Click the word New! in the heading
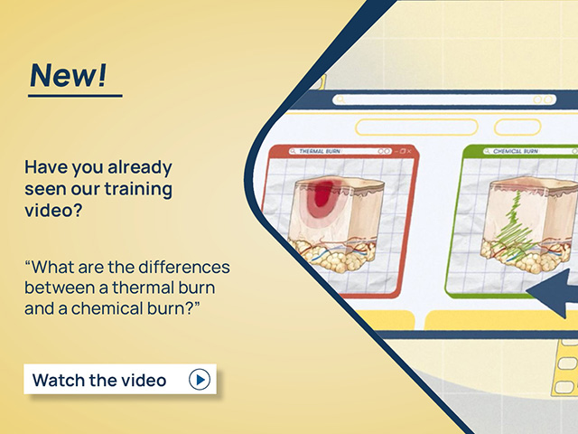[x=67, y=74]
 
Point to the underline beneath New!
[x=74, y=94]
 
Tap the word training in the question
[x=138, y=189]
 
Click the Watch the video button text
[x=99, y=380]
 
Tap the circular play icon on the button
[x=200, y=380]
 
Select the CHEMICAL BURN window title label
[x=516, y=152]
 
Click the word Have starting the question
[x=44, y=167]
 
